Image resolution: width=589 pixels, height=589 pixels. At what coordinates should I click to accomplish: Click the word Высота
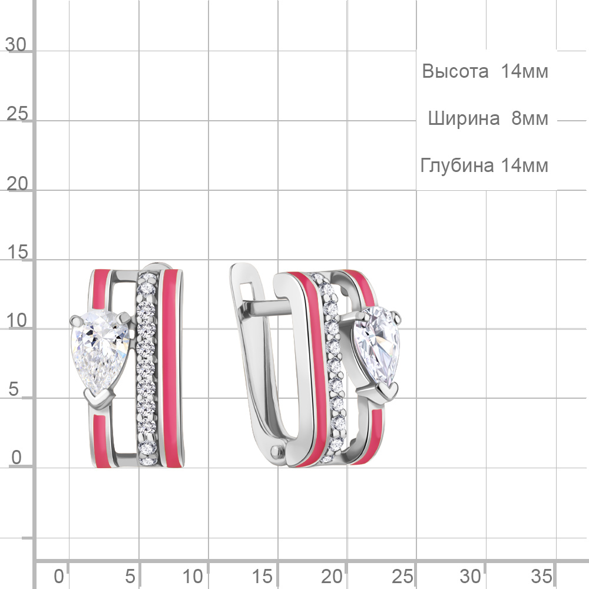pyautogui.click(x=455, y=71)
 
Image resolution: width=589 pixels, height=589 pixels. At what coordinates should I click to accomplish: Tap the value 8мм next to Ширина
pyautogui.click(x=530, y=118)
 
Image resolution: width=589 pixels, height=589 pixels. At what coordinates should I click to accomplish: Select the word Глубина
pyautogui.click(x=457, y=166)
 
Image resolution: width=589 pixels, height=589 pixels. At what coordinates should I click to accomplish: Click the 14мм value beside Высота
pyautogui.click(x=524, y=71)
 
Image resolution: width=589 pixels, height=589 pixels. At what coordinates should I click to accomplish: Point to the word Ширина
pyautogui.click(x=464, y=119)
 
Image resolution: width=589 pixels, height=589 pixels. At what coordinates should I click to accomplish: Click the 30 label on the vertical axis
pyautogui.click(x=16, y=45)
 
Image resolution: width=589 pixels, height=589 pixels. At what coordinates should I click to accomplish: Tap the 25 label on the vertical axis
pyautogui.click(x=17, y=114)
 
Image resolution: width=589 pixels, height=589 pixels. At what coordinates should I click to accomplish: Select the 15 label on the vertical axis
pyautogui.click(x=17, y=252)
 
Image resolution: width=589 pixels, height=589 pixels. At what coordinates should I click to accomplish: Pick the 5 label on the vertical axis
pyautogui.click(x=14, y=389)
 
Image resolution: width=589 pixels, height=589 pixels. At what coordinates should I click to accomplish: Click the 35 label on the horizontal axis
pyautogui.click(x=541, y=576)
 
